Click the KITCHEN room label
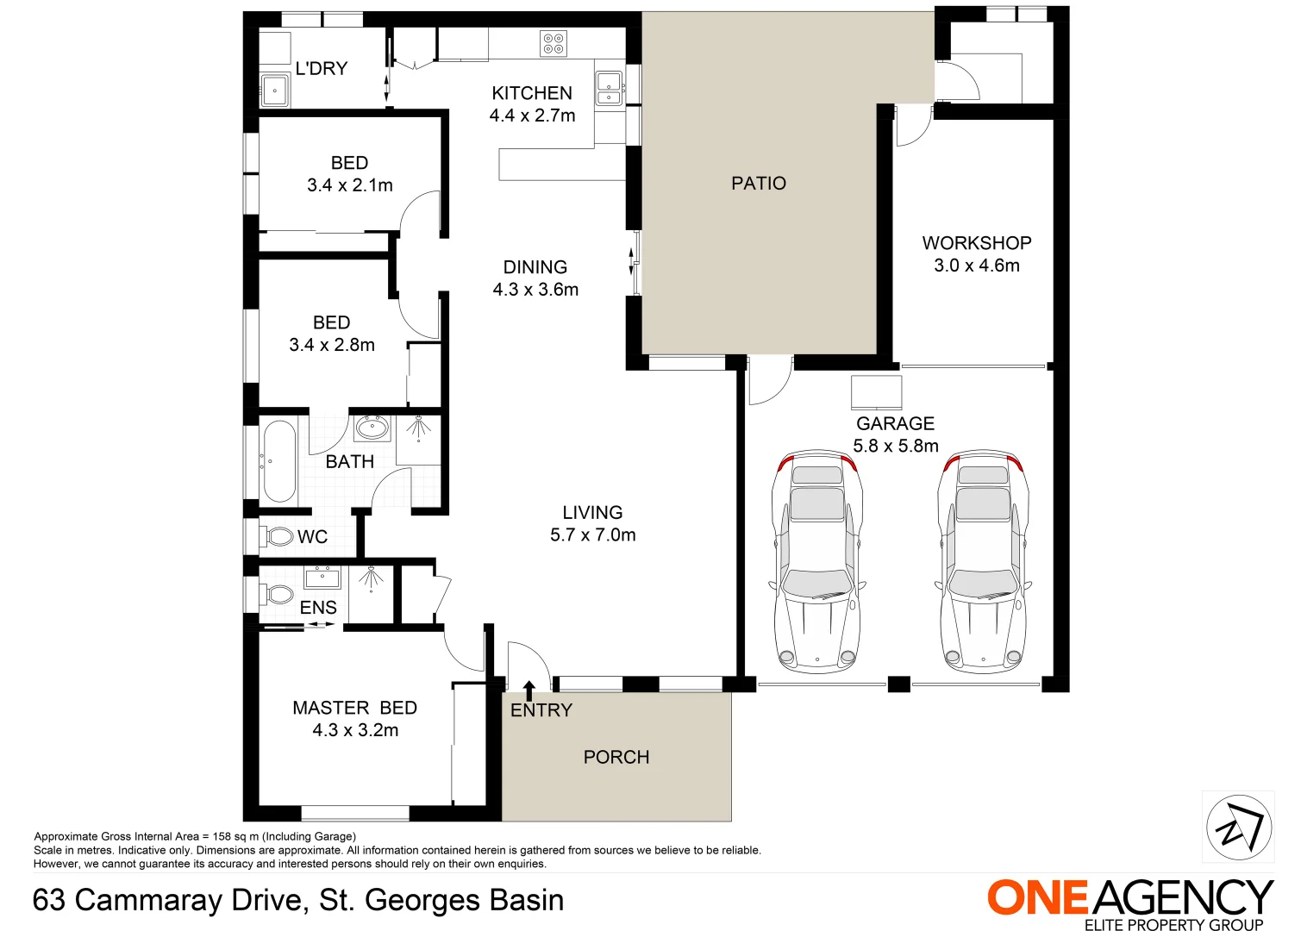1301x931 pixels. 532,93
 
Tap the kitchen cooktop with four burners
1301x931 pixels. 554,43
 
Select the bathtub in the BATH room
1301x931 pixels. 279,460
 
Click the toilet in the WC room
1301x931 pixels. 278,536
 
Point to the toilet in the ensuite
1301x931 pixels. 278,594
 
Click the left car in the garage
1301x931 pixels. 817,560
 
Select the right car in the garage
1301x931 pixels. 983,560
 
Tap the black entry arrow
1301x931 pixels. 529,689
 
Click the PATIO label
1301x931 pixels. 759,183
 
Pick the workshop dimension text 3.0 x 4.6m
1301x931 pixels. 977,266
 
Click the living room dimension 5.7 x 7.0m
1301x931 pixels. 593,534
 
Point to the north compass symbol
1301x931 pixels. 1238,827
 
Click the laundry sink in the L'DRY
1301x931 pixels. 275,90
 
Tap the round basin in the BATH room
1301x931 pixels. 372,427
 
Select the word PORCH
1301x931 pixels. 616,757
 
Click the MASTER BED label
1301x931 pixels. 355,708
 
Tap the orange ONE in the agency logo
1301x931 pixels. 1039,898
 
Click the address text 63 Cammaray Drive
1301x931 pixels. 168,900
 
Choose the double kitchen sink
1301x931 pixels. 610,88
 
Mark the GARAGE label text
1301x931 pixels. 895,423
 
